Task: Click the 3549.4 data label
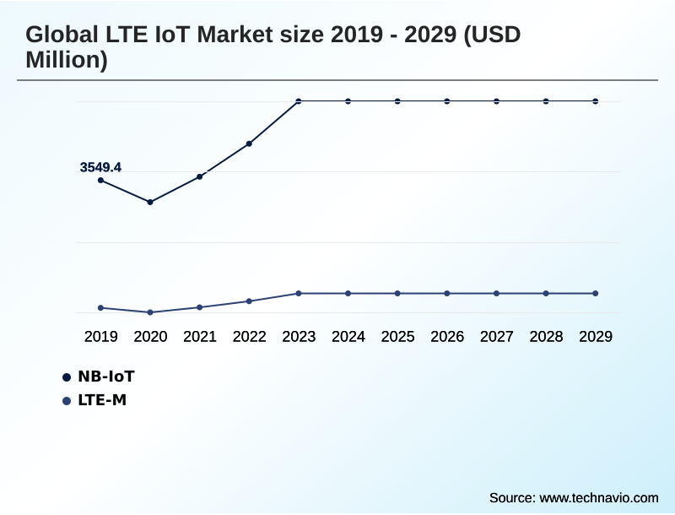(x=100, y=167)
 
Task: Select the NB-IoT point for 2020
(x=150, y=202)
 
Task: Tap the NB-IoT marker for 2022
(x=249, y=144)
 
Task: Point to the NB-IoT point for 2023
(x=299, y=101)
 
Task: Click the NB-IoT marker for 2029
(x=596, y=101)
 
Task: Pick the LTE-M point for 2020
(x=150, y=312)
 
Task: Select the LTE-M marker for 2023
(x=299, y=293)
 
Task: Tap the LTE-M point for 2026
(x=447, y=293)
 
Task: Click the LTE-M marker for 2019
(x=100, y=307)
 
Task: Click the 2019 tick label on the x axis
(x=100, y=336)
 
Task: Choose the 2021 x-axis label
(x=200, y=336)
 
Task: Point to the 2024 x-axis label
(x=348, y=336)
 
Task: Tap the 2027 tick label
(x=497, y=336)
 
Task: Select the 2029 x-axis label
(x=596, y=336)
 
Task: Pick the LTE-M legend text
(x=102, y=399)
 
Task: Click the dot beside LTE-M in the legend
(x=67, y=400)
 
